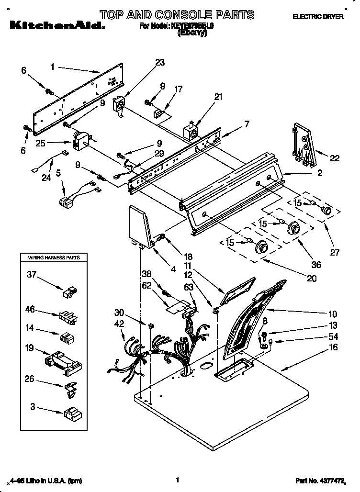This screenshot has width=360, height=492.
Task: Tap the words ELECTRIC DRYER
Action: coord(318,17)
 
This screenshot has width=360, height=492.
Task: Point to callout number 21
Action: coord(218,97)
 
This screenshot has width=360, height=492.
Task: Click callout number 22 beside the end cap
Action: coord(335,158)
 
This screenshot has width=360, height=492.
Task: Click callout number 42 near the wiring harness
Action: coord(119,324)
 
